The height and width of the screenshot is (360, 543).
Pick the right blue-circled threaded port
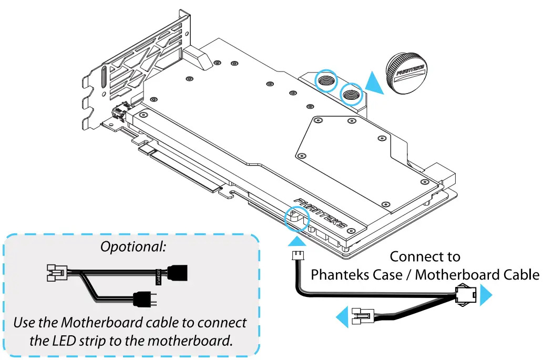click(351, 94)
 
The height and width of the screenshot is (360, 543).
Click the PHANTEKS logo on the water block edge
click(321, 213)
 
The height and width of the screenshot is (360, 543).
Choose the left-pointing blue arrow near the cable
click(343, 317)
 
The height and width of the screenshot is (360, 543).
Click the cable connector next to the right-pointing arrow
click(466, 296)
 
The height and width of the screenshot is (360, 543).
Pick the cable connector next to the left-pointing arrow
click(363, 317)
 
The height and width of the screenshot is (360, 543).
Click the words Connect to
click(425, 257)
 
